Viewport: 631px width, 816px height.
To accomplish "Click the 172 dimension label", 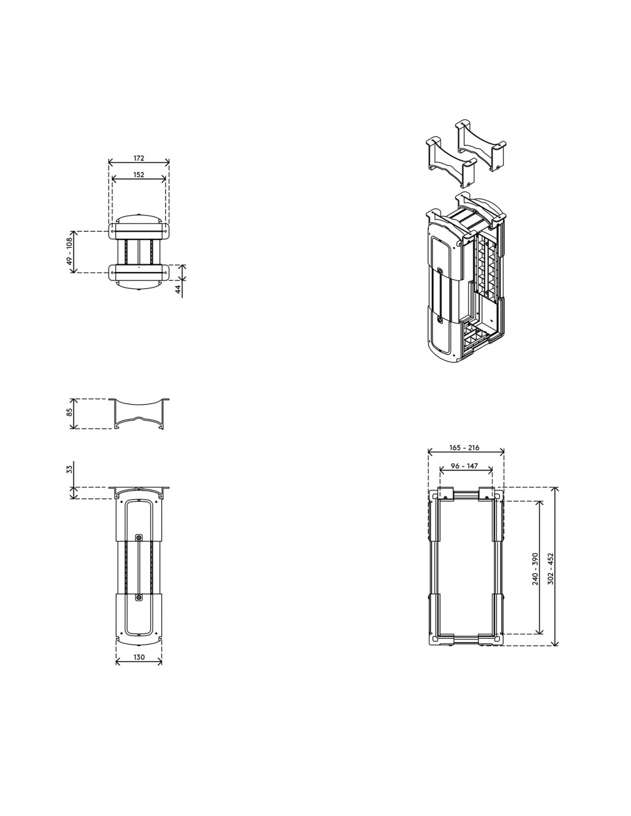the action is tap(138, 158).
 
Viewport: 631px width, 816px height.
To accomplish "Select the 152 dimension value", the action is tap(138, 174).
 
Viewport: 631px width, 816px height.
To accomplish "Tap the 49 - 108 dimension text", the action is tap(69, 251).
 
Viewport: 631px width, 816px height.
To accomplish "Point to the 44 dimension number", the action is tap(178, 289).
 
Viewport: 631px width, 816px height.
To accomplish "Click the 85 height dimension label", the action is tap(69, 413).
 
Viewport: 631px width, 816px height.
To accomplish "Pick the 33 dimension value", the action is tap(69, 469).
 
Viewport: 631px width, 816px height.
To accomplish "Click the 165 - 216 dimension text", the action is tap(464, 447).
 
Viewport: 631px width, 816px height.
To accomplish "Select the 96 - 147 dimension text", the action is tap(464, 466).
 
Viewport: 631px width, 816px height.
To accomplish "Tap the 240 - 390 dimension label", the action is tap(535, 569).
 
